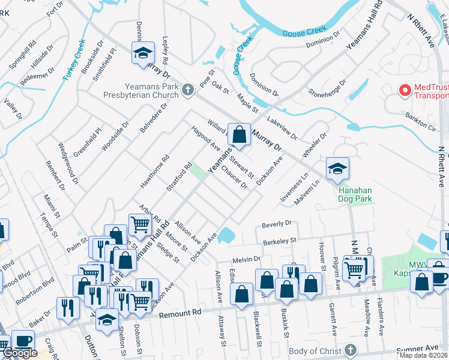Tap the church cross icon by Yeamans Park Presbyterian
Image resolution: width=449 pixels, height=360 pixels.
187,90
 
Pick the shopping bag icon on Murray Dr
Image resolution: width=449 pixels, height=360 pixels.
239,134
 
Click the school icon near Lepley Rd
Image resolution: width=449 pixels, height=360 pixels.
143,52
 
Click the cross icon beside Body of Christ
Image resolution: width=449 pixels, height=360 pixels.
351,350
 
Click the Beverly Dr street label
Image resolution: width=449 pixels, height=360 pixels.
276,224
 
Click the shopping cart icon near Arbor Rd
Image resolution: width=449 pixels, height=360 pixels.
140,225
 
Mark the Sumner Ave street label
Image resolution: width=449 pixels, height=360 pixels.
424,347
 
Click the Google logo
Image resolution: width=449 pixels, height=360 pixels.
20,353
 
